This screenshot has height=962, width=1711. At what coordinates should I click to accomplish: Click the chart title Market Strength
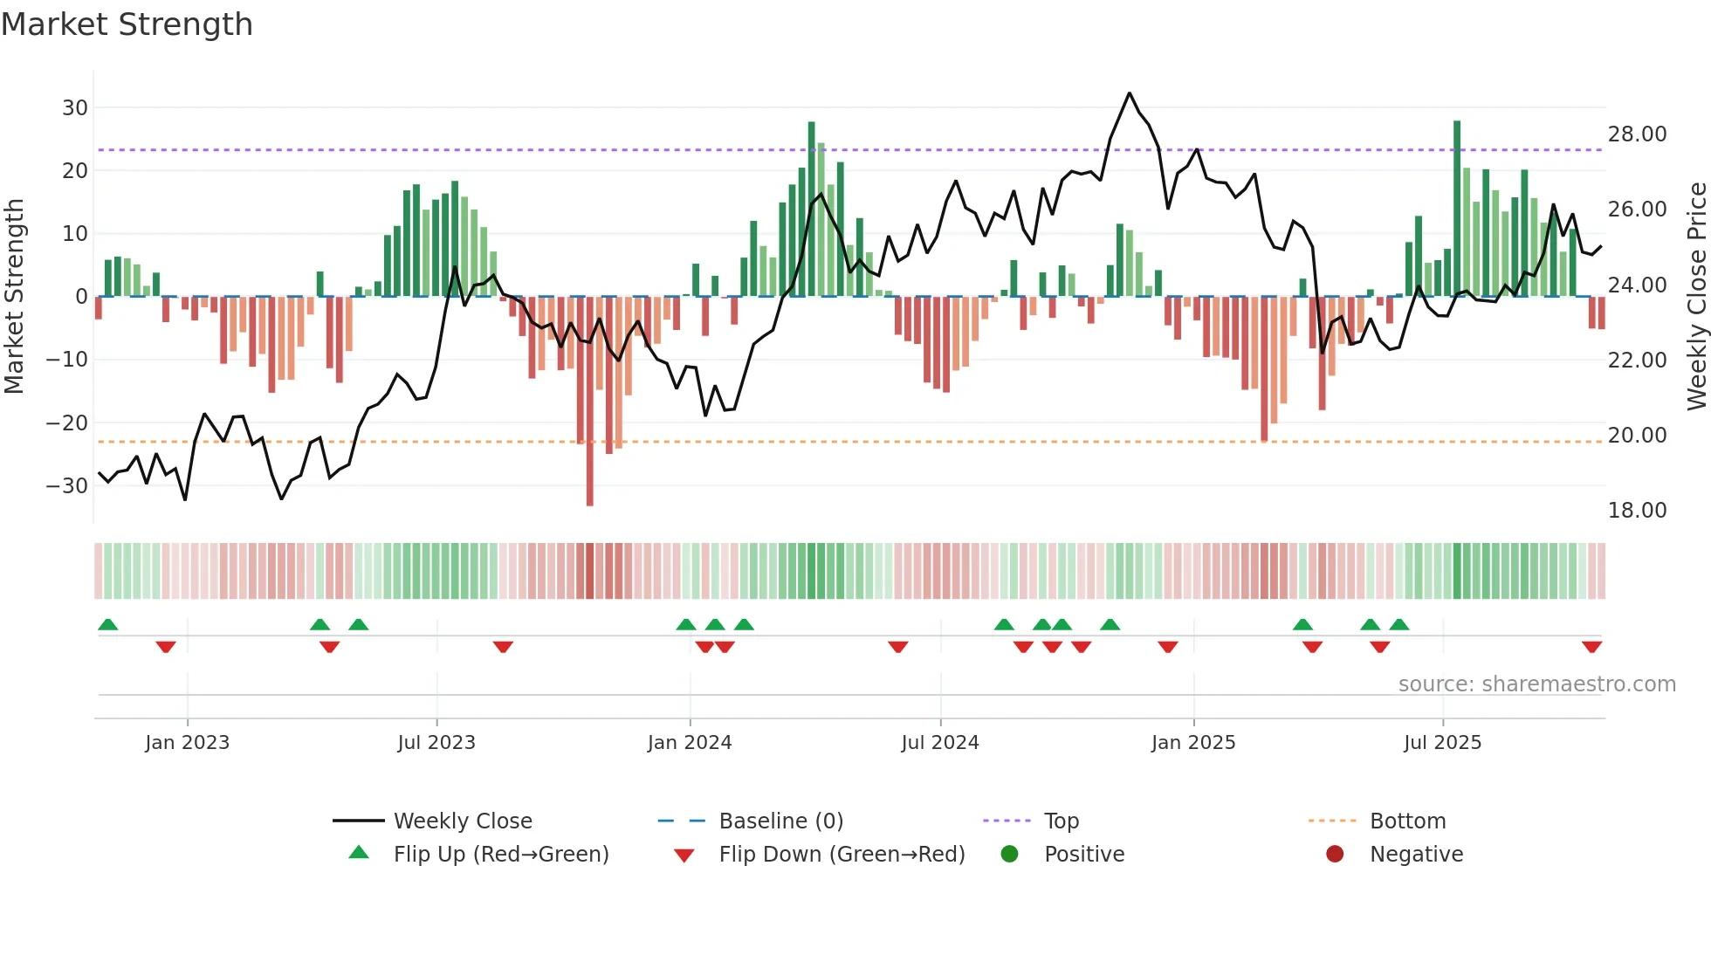click(127, 24)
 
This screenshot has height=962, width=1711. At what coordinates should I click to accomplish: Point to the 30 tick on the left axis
click(75, 108)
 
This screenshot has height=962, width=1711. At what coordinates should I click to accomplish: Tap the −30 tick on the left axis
click(68, 486)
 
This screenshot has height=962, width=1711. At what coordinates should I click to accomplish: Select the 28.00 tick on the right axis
click(1637, 134)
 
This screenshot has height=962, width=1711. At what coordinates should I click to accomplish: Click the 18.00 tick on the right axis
click(1637, 511)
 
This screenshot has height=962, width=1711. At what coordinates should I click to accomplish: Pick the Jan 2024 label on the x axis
click(690, 743)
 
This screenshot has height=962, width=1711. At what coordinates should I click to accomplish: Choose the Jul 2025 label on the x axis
click(1442, 743)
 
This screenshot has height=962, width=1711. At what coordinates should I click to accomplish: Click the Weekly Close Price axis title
click(1696, 297)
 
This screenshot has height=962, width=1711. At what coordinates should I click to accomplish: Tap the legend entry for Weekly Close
click(462, 821)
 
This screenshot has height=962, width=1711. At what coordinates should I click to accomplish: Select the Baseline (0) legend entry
click(780, 821)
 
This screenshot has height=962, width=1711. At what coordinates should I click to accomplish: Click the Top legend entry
click(1062, 821)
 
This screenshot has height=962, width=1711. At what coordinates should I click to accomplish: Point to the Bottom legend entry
click(1407, 821)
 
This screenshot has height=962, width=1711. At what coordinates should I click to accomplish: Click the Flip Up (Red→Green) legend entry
click(500, 855)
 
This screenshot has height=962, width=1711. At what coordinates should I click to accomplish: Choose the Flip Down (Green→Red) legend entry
click(842, 855)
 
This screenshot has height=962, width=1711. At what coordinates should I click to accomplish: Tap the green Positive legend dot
click(1010, 855)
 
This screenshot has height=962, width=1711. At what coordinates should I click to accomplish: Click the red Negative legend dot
click(1335, 855)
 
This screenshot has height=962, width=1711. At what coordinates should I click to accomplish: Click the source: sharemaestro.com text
click(1536, 684)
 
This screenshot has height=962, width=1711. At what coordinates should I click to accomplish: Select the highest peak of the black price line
click(1129, 93)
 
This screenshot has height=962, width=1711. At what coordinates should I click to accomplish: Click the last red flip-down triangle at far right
click(1591, 647)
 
